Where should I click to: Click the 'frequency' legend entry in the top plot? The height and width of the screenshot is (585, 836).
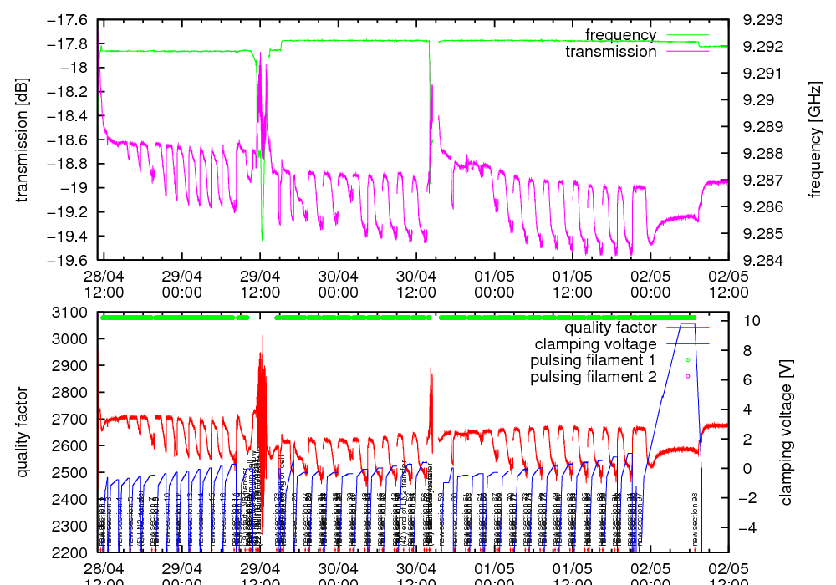620,35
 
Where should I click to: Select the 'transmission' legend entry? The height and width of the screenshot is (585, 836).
611,52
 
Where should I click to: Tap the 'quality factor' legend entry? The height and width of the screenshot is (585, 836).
610,328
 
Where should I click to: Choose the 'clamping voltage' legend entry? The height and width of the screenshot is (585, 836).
596,343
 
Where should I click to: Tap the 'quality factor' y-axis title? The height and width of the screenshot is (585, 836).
23,433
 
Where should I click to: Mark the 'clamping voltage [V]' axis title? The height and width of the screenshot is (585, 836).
785,433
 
